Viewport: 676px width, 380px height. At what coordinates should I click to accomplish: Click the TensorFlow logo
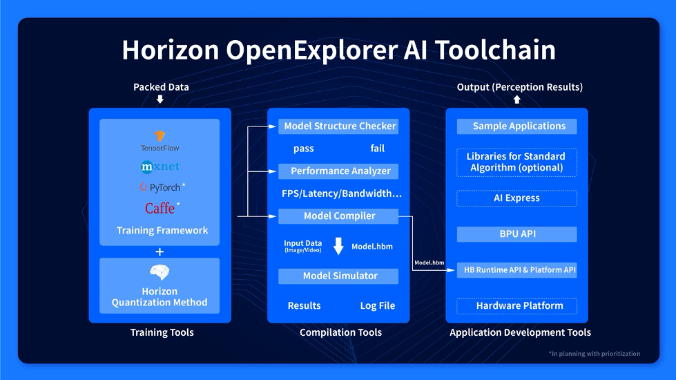pyautogui.click(x=160, y=142)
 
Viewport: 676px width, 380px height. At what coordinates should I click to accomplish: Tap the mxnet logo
pyautogui.click(x=160, y=167)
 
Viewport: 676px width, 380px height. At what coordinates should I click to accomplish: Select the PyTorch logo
pyautogui.click(x=162, y=187)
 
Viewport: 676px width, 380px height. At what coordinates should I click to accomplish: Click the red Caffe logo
pyautogui.click(x=162, y=209)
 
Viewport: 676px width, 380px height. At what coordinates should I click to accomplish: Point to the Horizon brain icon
pyautogui.click(x=160, y=272)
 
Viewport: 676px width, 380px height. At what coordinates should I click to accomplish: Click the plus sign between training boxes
pyautogui.click(x=160, y=251)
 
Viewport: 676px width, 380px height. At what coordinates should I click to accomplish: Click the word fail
pyautogui.click(x=377, y=149)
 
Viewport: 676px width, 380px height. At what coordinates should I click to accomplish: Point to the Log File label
pyautogui.click(x=378, y=306)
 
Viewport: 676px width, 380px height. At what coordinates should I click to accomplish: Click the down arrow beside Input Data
pyautogui.click(x=338, y=246)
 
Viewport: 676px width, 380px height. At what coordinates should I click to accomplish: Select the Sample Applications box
pyautogui.click(x=517, y=126)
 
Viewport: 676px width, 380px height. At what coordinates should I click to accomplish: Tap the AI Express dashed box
pyautogui.click(x=517, y=198)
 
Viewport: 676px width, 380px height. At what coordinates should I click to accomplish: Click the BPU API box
pyautogui.click(x=517, y=234)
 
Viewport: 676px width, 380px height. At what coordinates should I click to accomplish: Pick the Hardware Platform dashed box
pyautogui.click(x=517, y=306)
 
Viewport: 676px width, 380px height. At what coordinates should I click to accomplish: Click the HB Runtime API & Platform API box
pyautogui.click(x=517, y=270)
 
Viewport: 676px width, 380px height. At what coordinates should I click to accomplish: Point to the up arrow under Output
pyautogui.click(x=517, y=99)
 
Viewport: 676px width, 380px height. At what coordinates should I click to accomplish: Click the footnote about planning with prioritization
pyautogui.click(x=595, y=354)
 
